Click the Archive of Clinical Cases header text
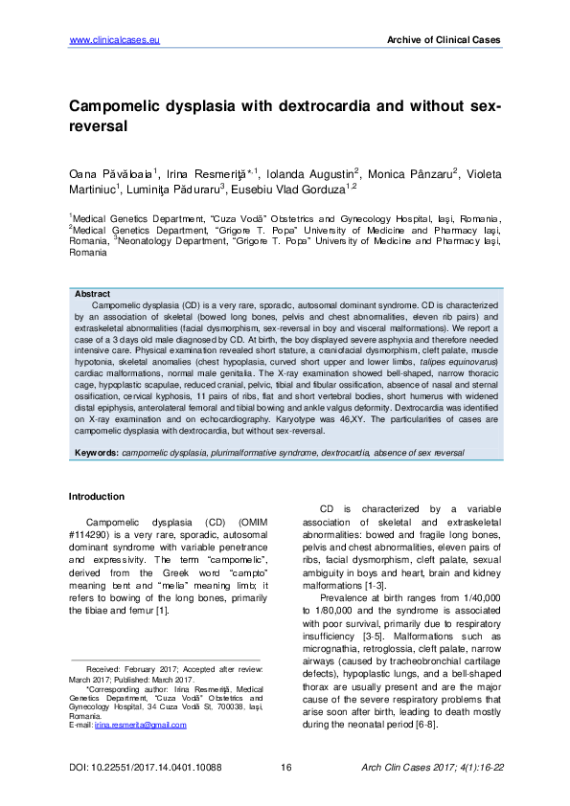pos(443,39)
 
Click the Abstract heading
pos(92,294)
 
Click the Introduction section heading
pos(96,497)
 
